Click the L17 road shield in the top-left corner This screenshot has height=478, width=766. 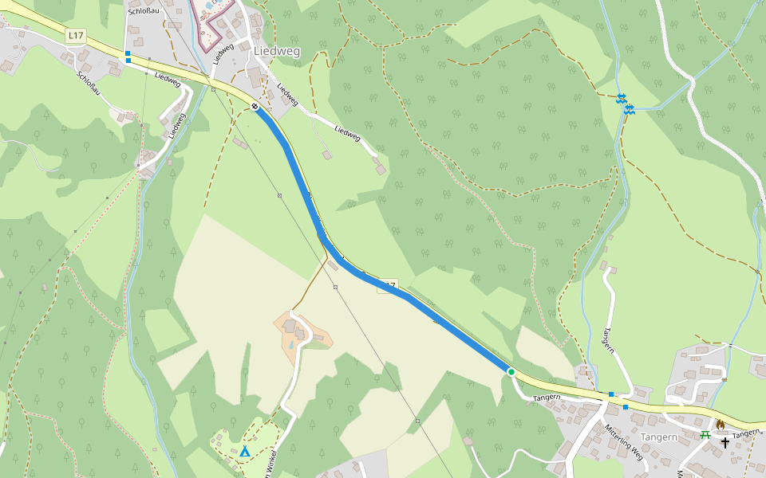point(76,35)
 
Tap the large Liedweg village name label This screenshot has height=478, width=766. point(277,51)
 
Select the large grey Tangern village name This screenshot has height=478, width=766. point(659,437)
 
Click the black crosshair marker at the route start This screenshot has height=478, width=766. point(255,106)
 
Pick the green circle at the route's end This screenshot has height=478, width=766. point(511,371)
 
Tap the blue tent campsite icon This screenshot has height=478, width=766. point(245,453)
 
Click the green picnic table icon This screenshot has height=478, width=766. point(705,435)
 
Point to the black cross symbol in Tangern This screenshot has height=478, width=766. point(725,442)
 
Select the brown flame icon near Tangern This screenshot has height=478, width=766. point(721,424)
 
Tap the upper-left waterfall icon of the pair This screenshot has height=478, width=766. point(621,97)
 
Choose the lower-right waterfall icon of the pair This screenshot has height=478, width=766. point(630,108)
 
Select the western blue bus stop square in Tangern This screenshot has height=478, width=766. point(611,394)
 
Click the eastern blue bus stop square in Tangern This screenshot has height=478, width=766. point(626,407)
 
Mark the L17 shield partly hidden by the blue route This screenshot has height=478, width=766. point(388,285)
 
